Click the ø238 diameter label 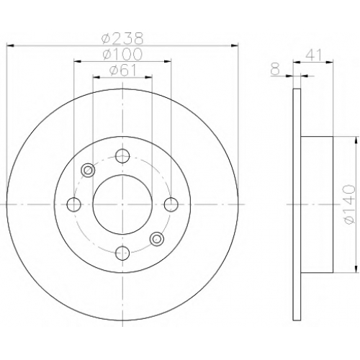pyautogui.click(x=122, y=39)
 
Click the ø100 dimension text pyautogui.click(x=122, y=54)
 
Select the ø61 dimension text pyautogui.click(x=122, y=71)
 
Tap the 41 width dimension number pyautogui.click(x=313, y=55)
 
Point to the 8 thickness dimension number pyautogui.click(x=275, y=70)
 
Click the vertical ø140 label pyautogui.click(x=349, y=204)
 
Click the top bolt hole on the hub pyautogui.click(x=122, y=156)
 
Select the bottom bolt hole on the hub pyautogui.click(x=122, y=253)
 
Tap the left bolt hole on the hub pyautogui.click(x=74, y=204)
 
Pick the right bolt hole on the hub pyautogui.click(x=171, y=204)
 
